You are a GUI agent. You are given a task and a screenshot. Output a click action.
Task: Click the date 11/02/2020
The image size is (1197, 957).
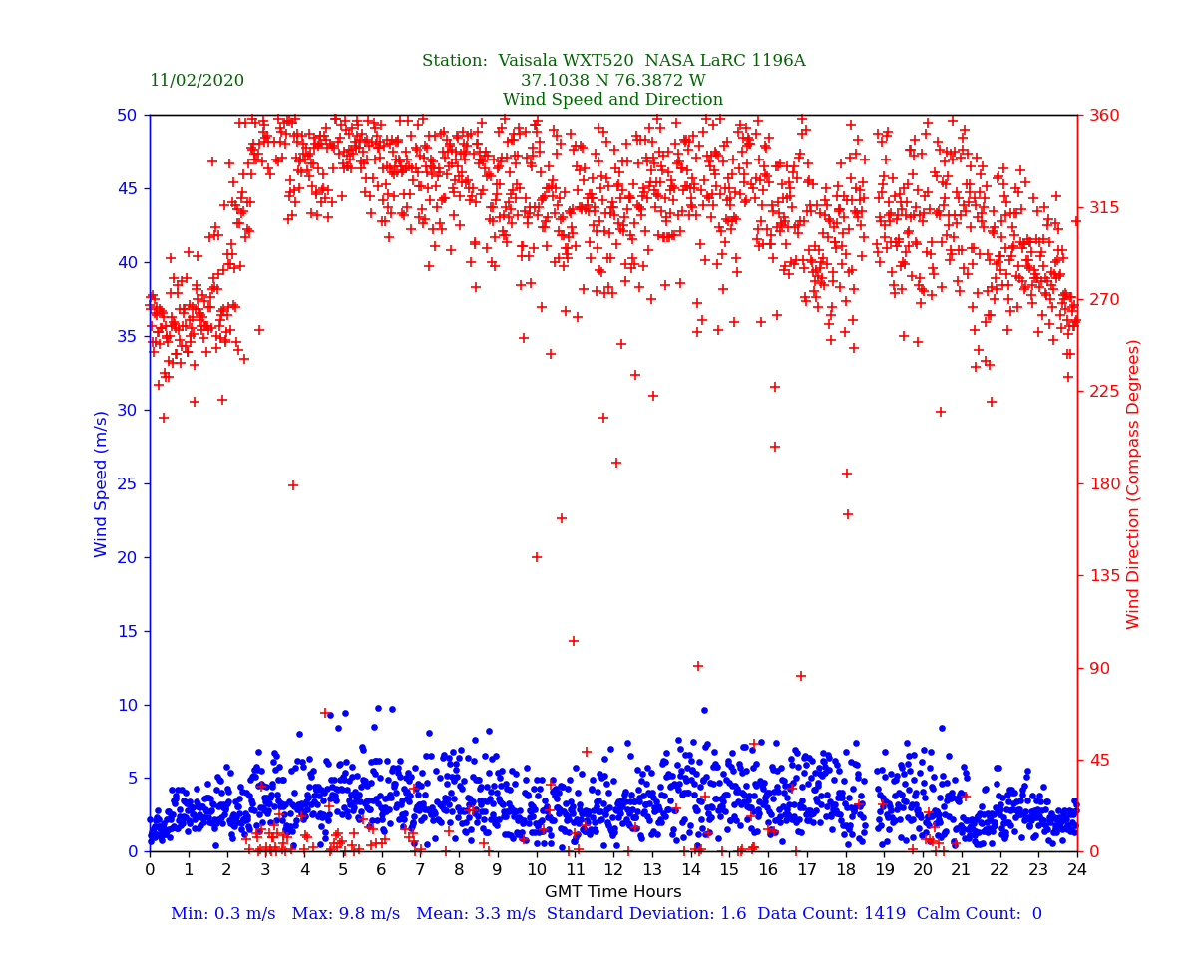coord(197,81)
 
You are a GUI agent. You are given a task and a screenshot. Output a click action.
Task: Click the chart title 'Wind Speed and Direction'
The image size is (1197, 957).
coord(612,100)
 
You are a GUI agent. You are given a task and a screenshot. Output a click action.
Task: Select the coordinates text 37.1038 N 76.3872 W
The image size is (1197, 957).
coord(612,81)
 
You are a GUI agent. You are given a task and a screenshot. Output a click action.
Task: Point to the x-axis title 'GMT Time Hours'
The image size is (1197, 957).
coord(612,892)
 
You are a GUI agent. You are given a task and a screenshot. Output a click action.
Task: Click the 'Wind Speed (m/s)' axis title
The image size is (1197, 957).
coord(102,483)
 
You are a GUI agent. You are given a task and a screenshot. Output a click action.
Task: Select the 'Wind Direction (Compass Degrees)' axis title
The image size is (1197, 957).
coord(1133,483)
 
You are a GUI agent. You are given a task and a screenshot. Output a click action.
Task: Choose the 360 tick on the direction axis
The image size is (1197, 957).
coord(1102,115)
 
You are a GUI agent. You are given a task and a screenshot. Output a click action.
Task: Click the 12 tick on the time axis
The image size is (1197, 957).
coord(613,870)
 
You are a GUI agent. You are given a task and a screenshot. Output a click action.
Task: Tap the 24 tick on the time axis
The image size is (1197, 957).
coord(1077,870)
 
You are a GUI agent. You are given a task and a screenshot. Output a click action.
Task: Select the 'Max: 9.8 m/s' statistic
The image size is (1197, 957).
coord(340,914)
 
